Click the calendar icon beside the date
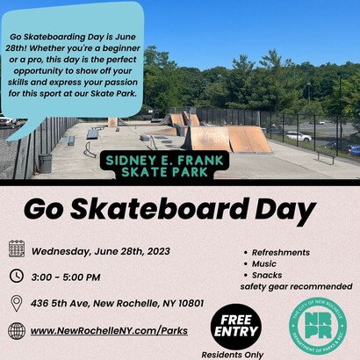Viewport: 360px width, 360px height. coord(17,248)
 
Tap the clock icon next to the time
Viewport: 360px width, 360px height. coord(17,276)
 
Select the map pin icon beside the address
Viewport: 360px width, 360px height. coord(17,303)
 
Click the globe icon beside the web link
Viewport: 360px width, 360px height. coord(17,331)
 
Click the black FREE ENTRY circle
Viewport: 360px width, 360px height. coord(235,327)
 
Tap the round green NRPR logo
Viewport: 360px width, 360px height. coord(317,324)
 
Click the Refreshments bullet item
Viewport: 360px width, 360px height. coord(280,252)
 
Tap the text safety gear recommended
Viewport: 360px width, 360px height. coord(295,286)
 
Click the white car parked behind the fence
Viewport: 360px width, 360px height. coord(298,136)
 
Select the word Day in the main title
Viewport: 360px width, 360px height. coord(282,211)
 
